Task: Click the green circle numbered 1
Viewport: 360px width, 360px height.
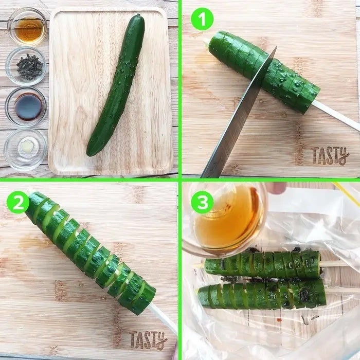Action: tap(202, 19)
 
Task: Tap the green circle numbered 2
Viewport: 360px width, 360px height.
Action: tap(18, 202)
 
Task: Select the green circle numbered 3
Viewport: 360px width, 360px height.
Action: tap(202, 202)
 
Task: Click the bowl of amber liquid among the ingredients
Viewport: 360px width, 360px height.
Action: tap(27, 27)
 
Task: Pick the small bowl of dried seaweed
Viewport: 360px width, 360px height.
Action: tap(26, 66)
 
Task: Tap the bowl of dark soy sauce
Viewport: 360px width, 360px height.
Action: tap(26, 107)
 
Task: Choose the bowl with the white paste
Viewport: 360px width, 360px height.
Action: tap(25, 150)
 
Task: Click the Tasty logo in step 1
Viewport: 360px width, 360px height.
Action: tap(330, 155)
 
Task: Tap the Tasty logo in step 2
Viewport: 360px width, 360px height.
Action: tap(148, 340)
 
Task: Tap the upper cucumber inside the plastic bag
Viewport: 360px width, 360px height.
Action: tap(262, 264)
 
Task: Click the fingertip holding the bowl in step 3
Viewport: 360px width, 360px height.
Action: tap(276, 188)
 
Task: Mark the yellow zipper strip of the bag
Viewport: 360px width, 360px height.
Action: tap(347, 193)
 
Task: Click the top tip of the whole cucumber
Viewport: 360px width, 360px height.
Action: tap(138, 15)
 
